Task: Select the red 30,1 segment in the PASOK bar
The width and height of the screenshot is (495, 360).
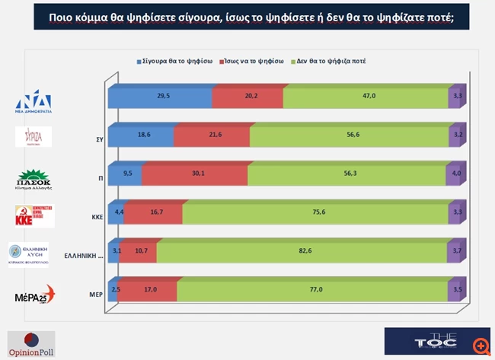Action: (x=194, y=174)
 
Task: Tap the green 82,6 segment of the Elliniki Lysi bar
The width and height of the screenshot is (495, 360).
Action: (x=302, y=250)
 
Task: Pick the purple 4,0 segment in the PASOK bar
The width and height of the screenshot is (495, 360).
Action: (x=456, y=174)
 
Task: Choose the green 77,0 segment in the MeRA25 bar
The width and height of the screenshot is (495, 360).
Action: (x=312, y=289)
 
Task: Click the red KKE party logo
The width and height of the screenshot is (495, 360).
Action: (x=35, y=215)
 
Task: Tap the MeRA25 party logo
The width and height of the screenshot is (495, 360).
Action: (x=35, y=293)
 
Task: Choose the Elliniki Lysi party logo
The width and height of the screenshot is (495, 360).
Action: (x=28, y=254)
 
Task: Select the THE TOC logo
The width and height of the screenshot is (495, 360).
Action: (x=426, y=342)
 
